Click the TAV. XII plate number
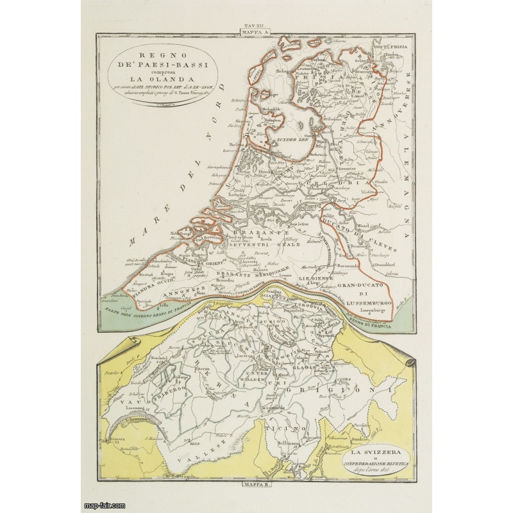(x=247, y=25)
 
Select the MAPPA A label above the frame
(x=247, y=31)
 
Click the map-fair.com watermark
(x=106, y=505)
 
